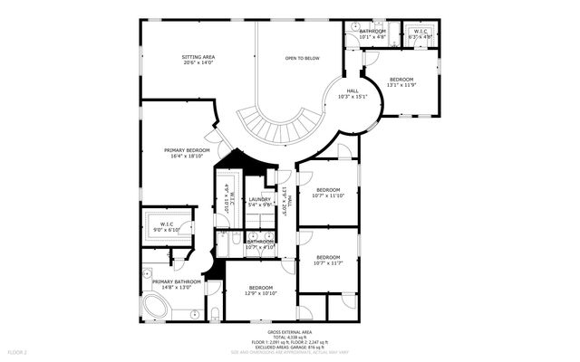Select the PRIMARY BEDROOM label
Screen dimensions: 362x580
pyautogui.click(x=187, y=150)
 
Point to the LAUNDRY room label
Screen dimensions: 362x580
pyautogui.click(x=260, y=199)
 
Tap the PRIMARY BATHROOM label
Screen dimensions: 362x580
pyautogui.click(x=176, y=282)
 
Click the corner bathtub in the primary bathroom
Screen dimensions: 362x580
pyautogui.click(x=157, y=307)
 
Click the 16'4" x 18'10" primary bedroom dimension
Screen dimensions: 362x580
pyautogui.click(x=187, y=157)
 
